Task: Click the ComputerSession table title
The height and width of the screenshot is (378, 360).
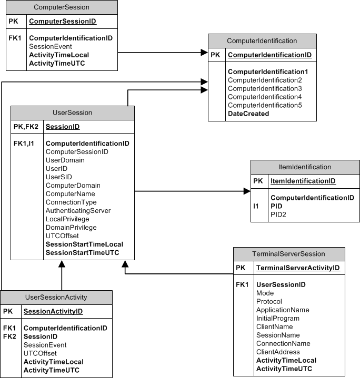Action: point(61,7)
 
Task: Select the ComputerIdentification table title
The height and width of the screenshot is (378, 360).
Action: point(262,41)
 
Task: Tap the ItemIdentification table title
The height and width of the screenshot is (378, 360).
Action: point(305,167)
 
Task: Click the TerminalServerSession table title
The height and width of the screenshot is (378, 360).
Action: point(288,254)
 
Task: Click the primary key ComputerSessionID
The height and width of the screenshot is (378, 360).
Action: point(62,22)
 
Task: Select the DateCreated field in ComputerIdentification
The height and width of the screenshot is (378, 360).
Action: point(248,114)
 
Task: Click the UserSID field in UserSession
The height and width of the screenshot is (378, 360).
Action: point(59,177)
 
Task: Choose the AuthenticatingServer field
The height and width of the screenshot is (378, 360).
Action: point(78,211)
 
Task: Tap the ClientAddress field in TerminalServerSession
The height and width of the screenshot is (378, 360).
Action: point(278,352)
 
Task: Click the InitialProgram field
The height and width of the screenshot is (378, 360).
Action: point(277,319)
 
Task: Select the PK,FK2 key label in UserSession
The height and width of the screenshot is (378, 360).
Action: point(26,127)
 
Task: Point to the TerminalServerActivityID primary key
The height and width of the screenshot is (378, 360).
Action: point(298,268)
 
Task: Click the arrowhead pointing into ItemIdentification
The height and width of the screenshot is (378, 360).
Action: point(247,192)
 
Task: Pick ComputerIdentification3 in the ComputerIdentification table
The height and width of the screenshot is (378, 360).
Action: point(264,88)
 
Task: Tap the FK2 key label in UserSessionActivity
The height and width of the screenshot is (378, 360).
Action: point(9,336)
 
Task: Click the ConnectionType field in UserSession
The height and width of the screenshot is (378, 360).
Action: point(71,202)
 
